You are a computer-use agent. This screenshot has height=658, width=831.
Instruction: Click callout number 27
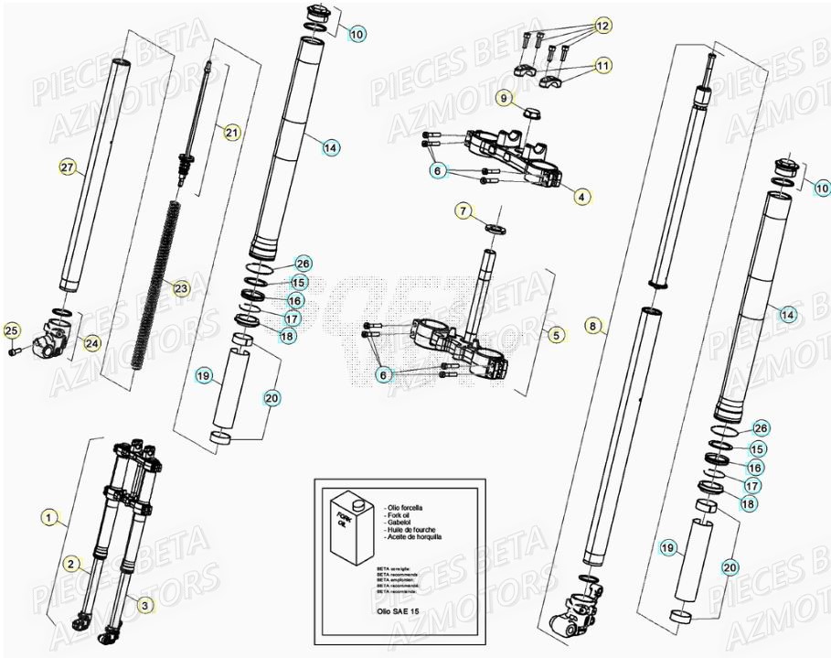click(67, 167)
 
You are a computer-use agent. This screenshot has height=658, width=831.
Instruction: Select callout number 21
click(231, 133)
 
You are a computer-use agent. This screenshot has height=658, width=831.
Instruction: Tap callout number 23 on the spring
click(181, 289)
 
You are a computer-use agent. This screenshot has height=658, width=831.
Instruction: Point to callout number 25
click(12, 330)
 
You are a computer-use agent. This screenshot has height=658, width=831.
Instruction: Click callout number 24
click(92, 344)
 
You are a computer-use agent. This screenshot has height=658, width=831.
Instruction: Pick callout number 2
click(69, 565)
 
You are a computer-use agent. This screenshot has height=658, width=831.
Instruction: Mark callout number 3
click(145, 605)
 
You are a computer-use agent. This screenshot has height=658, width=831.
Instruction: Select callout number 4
click(581, 195)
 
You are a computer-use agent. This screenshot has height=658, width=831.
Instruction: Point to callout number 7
click(464, 211)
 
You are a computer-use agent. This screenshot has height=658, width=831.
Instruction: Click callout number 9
click(503, 97)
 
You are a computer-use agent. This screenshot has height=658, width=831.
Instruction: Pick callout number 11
click(602, 65)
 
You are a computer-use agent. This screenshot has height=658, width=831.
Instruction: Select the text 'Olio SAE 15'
click(400, 608)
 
